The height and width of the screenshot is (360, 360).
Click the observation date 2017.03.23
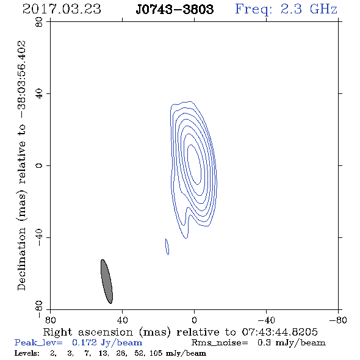[62, 9]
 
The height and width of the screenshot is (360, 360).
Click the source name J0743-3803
[175, 9]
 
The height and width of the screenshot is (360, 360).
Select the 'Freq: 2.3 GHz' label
[286, 10]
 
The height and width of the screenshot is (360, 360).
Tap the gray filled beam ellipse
[107, 281]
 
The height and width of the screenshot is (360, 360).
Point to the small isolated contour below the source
[167, 247]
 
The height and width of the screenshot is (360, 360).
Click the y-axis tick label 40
[39, 94]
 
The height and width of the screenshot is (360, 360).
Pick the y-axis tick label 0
[39, 165]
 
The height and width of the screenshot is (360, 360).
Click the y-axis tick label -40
[39, 237]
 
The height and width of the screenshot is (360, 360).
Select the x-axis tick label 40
[122, 320]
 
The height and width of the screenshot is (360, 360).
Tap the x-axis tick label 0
[194, 320]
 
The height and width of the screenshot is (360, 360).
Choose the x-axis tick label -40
[266, 320]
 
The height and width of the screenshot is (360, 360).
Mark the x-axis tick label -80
[338, 320]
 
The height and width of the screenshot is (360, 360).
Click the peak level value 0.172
[84, 342]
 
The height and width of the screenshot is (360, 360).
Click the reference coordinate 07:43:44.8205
[279, 332]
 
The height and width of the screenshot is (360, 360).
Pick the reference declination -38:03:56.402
[22, 79]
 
